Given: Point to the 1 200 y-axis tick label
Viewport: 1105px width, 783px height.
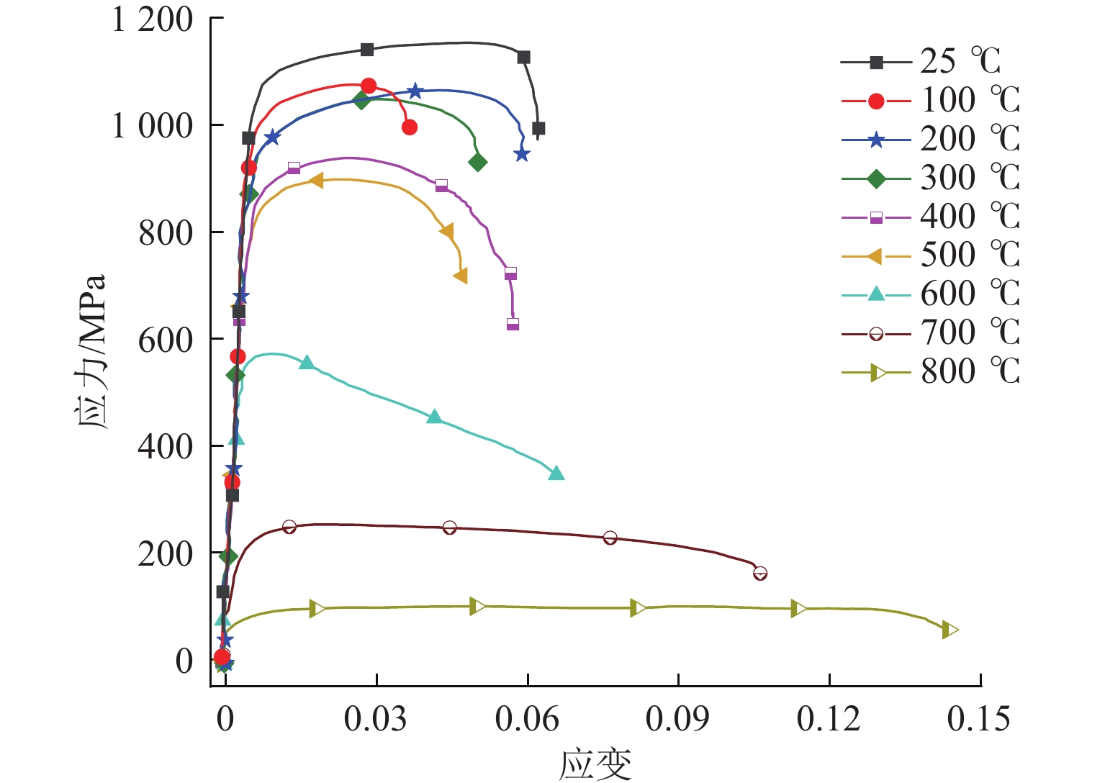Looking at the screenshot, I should (x=153, y=19).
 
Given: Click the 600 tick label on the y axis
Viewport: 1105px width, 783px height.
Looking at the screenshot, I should (x=166, y=340).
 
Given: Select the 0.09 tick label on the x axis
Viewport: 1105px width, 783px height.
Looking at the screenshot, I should (x=677, y=719).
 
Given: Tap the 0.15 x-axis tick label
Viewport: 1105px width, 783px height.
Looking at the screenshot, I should (x=979, y=719).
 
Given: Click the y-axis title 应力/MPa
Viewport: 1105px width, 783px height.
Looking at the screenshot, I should (x=91, y=351).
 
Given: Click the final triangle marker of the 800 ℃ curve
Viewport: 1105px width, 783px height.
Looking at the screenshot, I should (x=950, y=630).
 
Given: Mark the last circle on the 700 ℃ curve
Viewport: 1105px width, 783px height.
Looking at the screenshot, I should (x=760, y=574).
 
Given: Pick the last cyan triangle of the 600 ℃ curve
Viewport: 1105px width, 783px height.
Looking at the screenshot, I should (x=556, y=473).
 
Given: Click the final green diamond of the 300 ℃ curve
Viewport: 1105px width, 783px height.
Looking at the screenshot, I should (x=477, y=163).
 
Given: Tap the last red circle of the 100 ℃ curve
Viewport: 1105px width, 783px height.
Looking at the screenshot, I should (x=410, y=127).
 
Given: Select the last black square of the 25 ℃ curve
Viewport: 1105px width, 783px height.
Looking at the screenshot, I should (x=538, y=129).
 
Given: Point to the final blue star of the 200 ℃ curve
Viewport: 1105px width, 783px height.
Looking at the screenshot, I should (x=522, y=154).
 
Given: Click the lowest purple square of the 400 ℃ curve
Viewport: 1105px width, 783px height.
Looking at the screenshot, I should (x=513, y=324).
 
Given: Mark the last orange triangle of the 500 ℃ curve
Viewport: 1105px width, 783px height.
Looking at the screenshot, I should (x=461, y=276).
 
